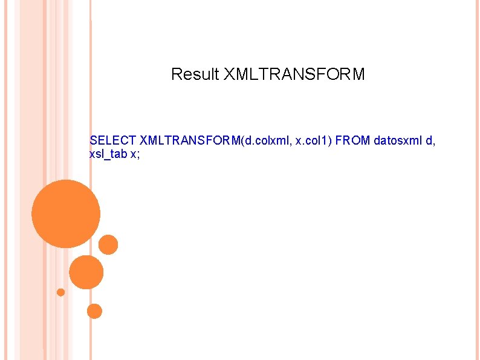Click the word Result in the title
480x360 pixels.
(195, 74)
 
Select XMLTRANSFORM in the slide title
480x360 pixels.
(294, 74)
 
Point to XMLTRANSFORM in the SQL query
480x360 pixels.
(190, 141)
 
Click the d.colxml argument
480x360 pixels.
(264, 141)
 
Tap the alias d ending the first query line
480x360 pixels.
(429, 141)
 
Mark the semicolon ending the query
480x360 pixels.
(138, 154)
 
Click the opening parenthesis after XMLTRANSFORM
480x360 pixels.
(242, 141)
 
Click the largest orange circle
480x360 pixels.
(65, 214)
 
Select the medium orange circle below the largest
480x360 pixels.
(86, 272)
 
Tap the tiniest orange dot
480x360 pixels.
(60, 292)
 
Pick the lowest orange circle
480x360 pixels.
(94, 311)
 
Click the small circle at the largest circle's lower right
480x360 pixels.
(108, 244)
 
